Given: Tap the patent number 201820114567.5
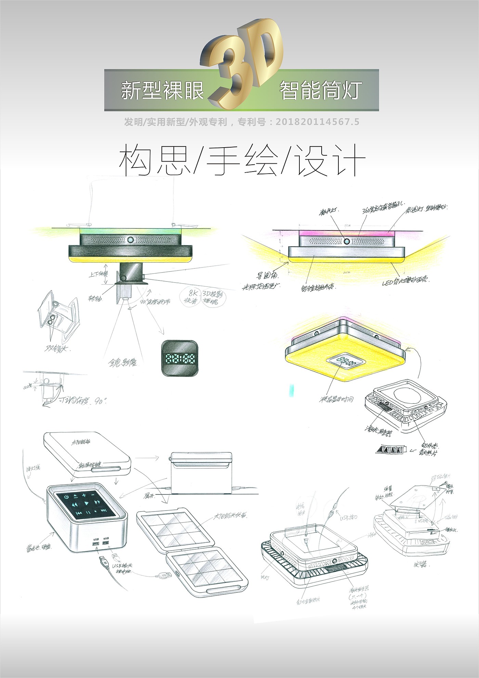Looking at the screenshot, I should [x=317, y=122].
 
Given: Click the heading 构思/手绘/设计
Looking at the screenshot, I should [x=242, y=160].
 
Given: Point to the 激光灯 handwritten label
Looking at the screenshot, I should [x=328, y=212].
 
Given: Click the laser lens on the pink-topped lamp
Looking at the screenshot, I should [x=347, y=241].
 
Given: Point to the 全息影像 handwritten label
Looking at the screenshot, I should [x=123, y=362].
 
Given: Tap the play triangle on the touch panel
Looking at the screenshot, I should [x=87, y=503].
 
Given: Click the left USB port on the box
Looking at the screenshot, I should [x=95, y=544].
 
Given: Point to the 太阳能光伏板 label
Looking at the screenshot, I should [x=230, y=516].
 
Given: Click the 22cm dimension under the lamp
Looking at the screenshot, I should [x=347, y=273].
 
